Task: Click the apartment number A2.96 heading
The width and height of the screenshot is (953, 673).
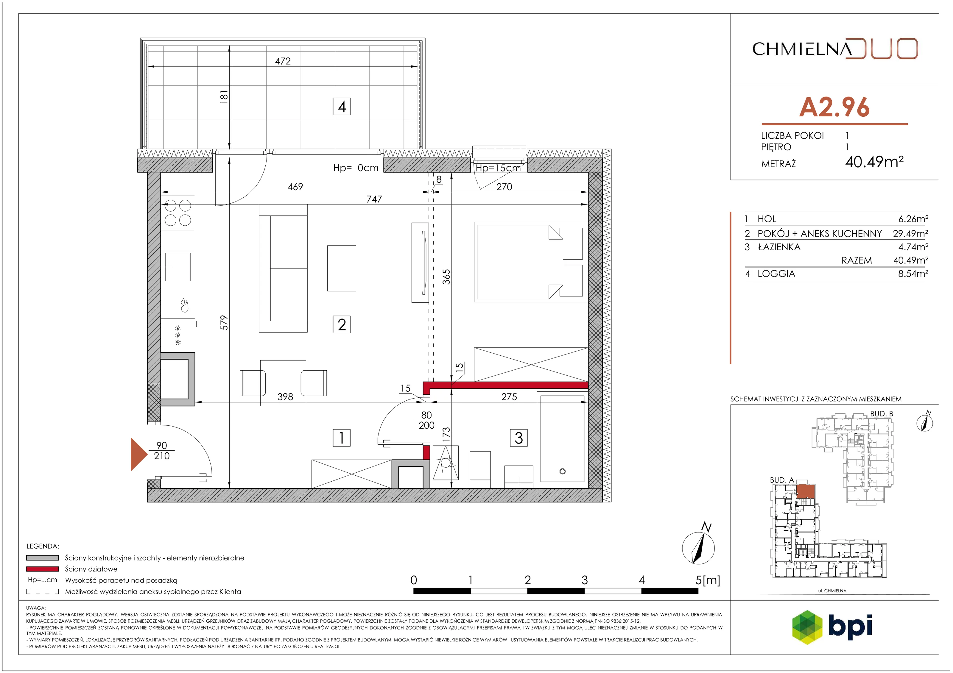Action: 834,107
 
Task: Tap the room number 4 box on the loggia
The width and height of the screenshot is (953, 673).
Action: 342,107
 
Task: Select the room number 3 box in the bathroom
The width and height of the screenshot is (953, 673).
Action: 519,438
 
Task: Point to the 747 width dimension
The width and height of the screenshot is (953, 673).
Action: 374,199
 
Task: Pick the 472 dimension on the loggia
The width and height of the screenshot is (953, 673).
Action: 283,61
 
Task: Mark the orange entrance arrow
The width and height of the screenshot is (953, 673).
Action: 139,454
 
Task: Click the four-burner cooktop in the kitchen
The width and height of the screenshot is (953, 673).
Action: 178,213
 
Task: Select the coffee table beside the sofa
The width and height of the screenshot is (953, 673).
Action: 342,268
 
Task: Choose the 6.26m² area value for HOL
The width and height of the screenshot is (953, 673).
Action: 913,219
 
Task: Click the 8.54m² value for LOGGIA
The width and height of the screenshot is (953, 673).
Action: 913,274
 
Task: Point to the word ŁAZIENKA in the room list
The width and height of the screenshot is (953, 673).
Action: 779,247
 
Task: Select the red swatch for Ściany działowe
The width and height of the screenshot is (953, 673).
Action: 42,569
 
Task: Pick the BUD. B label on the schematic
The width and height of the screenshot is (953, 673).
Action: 882,414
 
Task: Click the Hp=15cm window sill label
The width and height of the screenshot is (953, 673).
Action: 498,168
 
